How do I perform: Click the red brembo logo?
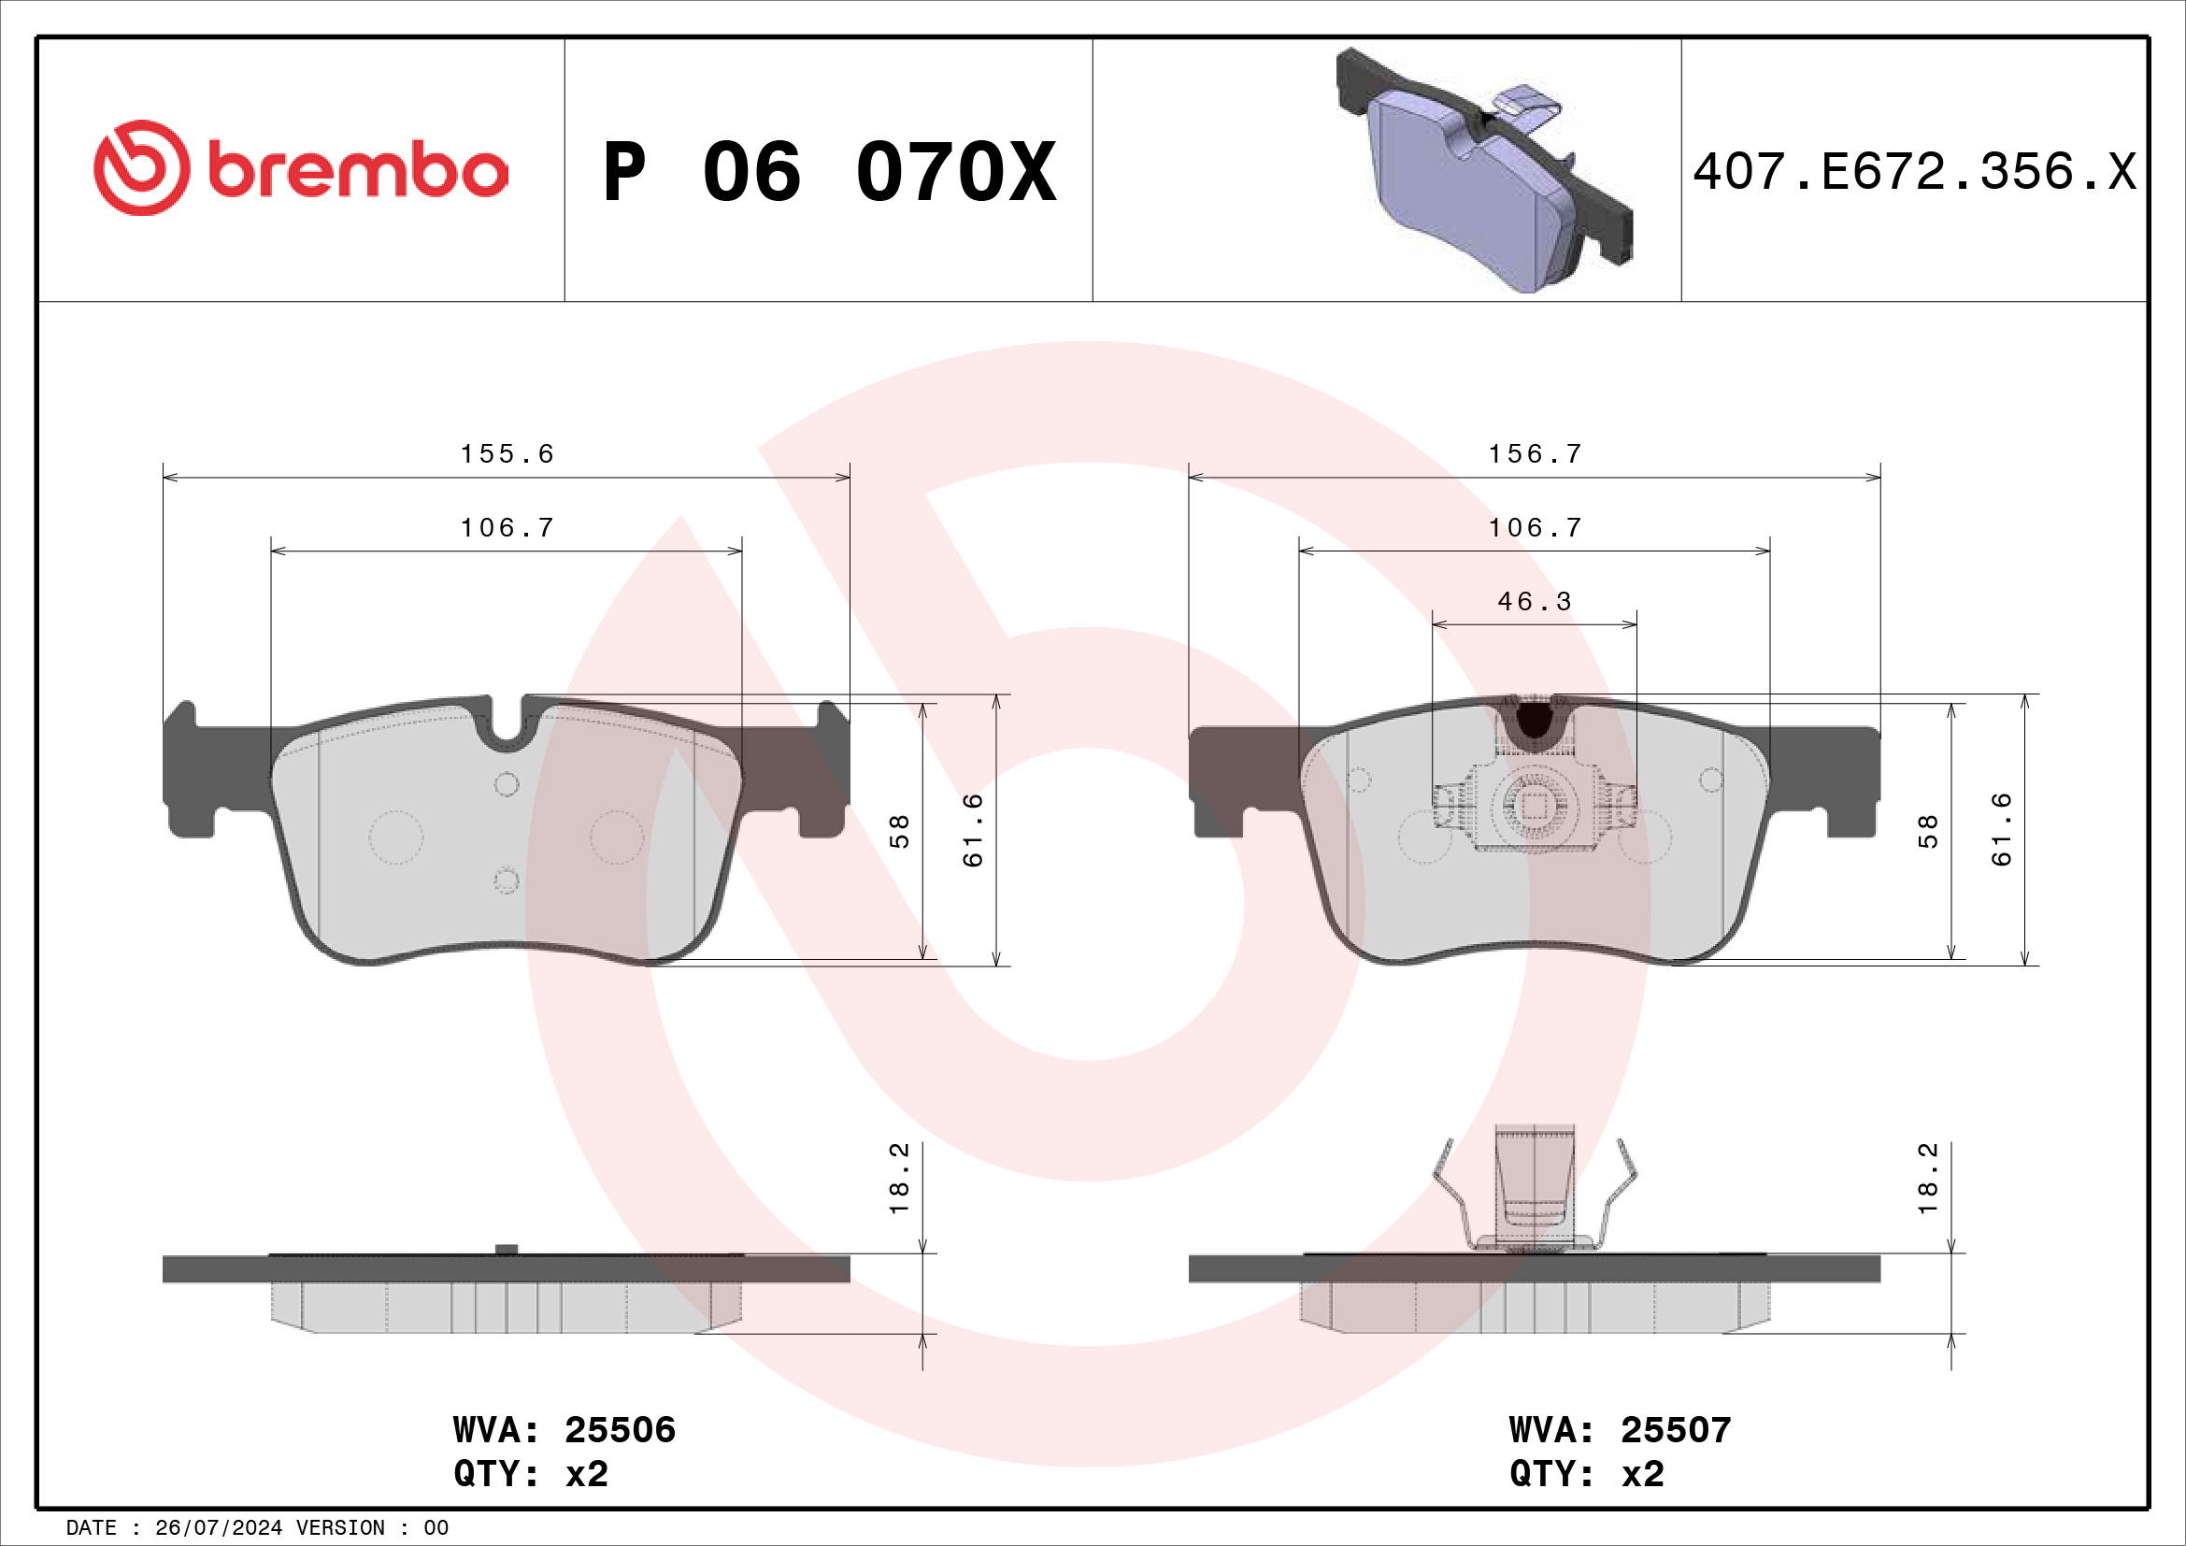click(300, 168)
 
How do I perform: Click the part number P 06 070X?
click(828, 172)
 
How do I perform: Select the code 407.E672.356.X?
click(1914, 172)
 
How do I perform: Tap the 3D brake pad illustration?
click(1483, 171)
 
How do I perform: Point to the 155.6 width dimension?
click(507, 454)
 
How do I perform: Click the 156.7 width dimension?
click(1535, 454)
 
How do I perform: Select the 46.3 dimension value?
click(1534, 602)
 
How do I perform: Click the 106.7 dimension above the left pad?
click(507, 527)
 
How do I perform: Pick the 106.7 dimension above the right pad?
click(1535, 527)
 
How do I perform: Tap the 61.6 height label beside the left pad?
click(972, 830)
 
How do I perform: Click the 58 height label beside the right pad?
click(1927, 831)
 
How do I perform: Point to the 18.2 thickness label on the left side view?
click(899, 1179)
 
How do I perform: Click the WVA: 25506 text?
click(564, 1430)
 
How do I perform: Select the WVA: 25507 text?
click(1620, 1430)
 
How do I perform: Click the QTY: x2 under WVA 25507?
click(1586, 1474)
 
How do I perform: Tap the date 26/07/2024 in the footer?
click(218, 1528)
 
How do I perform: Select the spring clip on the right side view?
click(1534, 1192)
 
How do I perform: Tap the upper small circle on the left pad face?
click(507, 784)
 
